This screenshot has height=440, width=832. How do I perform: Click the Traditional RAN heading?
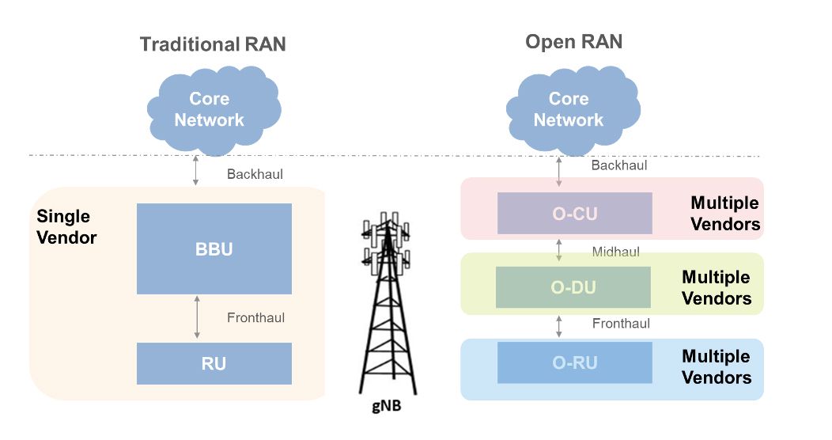[213, 44]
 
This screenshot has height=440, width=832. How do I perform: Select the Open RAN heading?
[573, 42]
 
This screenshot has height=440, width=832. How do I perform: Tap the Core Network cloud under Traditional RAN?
[209, 109]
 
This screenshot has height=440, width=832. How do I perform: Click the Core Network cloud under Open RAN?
[568, 109]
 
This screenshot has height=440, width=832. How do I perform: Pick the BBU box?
[214, 248]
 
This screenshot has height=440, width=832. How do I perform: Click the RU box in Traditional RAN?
[214, 363]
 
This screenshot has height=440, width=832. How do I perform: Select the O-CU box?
[574, 214]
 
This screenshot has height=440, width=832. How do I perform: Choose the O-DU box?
[573, 287]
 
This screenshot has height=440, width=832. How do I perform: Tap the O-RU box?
[574, 362]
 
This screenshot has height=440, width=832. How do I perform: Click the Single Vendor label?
[66, 227]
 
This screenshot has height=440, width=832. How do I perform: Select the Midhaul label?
[615, 252]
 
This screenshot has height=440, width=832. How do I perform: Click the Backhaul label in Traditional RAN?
[254, 174]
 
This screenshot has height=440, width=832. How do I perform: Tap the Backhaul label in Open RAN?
[619, 165]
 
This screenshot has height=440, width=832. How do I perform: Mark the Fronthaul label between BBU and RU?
[255, 318]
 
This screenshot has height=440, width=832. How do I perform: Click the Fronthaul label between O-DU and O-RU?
[621, 324]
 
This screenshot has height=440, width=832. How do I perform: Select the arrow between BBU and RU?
[194, 318]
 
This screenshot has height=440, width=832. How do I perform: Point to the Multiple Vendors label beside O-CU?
[724, 214]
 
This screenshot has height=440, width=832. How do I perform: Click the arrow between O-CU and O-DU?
[559, 250]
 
